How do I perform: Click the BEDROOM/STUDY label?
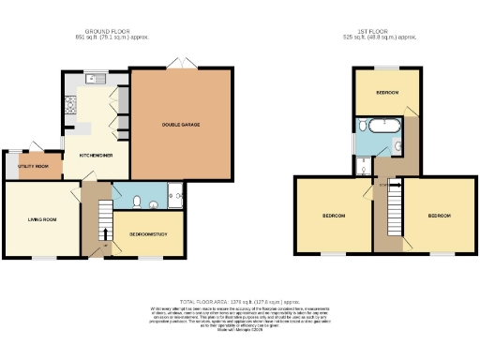[148, 233]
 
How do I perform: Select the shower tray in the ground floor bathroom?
[175, 196]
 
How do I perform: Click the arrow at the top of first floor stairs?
[395, 187]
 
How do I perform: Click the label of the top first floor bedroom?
[388, 93]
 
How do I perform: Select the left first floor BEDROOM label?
[334, 216]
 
